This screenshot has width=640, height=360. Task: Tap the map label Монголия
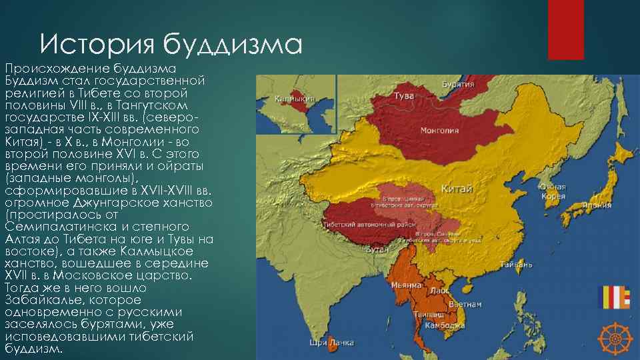(x=437, y=130)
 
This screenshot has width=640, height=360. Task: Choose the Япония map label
(x=595, y=205)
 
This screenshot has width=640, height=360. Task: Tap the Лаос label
(x=440, y=291)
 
